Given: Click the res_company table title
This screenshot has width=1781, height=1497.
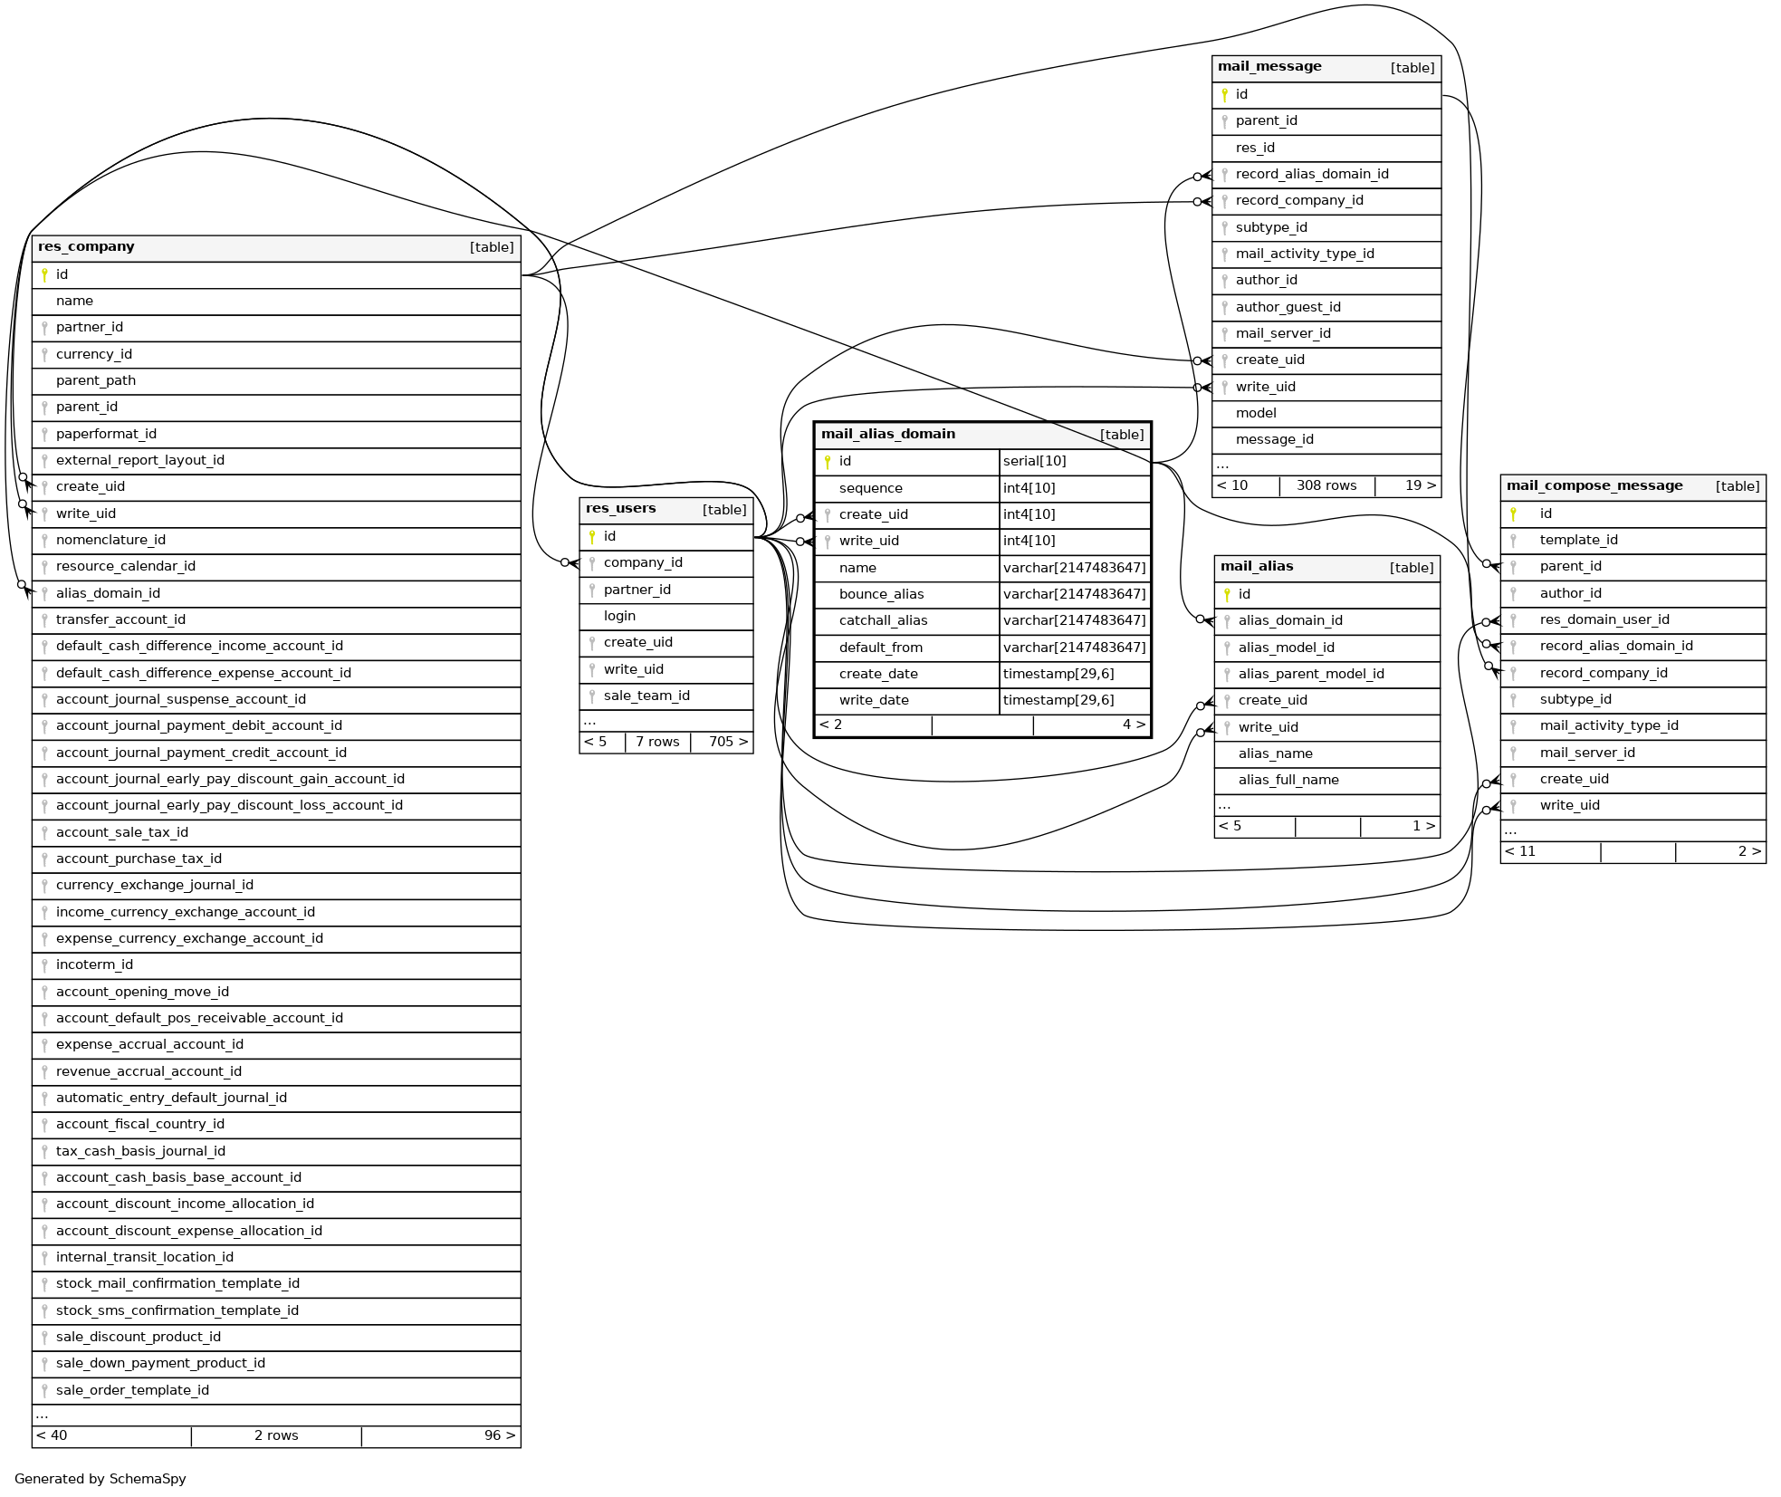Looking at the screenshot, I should point(86,247).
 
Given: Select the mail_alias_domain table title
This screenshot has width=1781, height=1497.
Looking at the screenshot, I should point(887,434).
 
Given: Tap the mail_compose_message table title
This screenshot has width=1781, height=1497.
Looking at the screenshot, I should point(1594,485).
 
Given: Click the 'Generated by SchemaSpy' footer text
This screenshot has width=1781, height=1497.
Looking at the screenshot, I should point(100,1479).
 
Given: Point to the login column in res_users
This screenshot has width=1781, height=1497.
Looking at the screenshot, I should point(619,616).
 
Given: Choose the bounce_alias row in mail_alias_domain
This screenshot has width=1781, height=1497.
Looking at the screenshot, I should point(881,594).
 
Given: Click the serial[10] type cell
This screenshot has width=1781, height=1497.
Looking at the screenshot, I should point(1034,461).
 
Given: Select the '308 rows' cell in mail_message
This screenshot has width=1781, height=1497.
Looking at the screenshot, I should point(1326,485).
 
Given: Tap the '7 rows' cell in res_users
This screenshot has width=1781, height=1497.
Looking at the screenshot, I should point(656,742).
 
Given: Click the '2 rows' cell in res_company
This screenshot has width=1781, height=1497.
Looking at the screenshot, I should point(275,1435).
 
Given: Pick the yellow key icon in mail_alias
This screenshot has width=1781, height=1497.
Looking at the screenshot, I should point(1227,594).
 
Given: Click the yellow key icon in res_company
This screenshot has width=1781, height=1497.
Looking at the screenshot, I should point(44,274).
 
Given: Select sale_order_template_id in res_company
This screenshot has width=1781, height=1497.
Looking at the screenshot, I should point(132,1390).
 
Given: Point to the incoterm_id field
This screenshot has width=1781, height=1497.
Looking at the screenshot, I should point(94,964).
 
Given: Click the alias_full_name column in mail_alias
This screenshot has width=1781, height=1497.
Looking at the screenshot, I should point(1288,780).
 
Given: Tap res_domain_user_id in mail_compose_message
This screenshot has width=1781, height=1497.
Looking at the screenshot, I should point(1604,619).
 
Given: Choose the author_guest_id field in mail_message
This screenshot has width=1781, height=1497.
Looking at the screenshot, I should point(1288,307).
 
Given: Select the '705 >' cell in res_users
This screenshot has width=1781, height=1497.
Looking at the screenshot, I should point(727,742).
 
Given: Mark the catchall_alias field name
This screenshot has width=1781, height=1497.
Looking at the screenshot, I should point(883,620).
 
